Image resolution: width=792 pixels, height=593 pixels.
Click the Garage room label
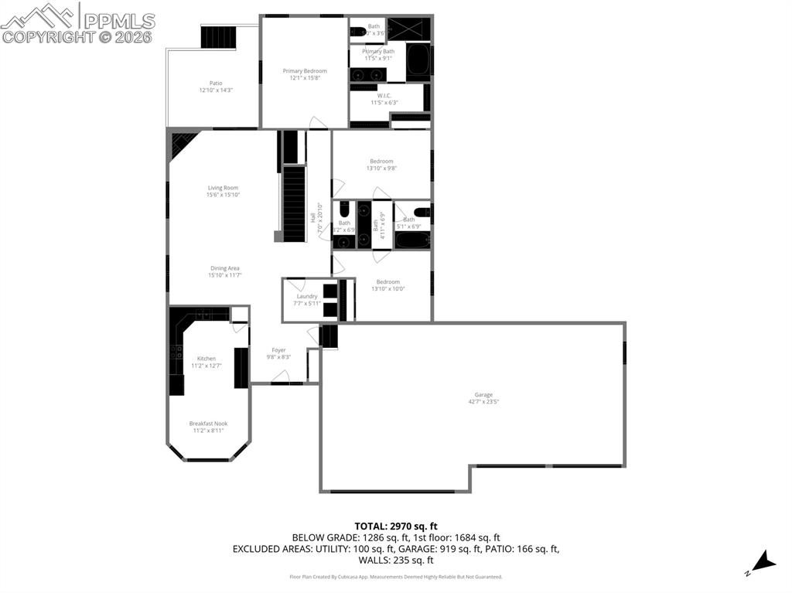[x=483, y=395]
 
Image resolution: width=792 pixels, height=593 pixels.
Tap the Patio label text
[x=216, y=83]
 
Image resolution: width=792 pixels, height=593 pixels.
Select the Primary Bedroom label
[x=305, y=71]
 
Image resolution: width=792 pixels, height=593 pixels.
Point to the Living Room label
[x=223, y=188]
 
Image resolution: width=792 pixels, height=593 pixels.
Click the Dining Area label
[x=224, y=268]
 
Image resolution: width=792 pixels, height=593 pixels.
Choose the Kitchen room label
[x=207, y=359]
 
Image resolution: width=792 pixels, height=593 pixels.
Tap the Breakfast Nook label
[x=209, y=424]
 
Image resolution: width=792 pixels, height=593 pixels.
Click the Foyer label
[x=278, y=350]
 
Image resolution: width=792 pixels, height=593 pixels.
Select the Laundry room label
[x=307, y=296]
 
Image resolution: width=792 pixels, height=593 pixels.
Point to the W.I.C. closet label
[x=384, y=96]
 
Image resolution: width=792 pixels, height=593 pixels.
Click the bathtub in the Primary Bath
[x=418, y=60]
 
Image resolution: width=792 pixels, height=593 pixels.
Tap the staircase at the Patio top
[x=217, y=36]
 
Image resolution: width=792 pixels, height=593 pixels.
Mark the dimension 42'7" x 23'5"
[x=483, y=402]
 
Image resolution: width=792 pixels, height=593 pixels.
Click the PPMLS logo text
[x=118, y=21]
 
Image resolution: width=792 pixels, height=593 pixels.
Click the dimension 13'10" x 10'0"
[x=387, y=289]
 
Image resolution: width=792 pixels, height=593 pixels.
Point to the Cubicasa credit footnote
[x=396, y=577]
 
